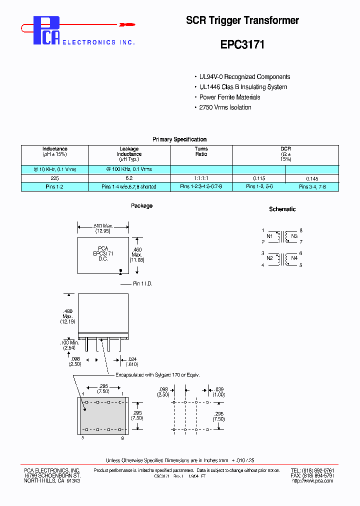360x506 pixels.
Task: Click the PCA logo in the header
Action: click(x=46, y=30)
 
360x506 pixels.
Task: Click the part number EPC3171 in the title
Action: click(x=242, y=44)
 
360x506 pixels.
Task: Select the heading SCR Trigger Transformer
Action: click(x=242, y=20)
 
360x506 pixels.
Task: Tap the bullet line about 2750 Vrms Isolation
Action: click(x=225, y=107)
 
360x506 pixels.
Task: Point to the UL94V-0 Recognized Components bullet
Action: click(x=244, y=77)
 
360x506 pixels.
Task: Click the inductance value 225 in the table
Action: click(x=54, y=178)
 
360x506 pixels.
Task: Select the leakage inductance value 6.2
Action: click(x=129, y=178)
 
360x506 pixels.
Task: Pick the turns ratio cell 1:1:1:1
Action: click(x=201, y=178)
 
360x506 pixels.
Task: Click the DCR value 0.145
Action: click(x=312, y=178)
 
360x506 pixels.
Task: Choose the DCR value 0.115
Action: click(x=259, y=178)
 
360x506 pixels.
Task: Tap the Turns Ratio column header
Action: click(x=201, y=151)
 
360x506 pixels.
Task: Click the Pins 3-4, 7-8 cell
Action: click(x=312, y=187)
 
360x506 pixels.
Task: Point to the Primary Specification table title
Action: click(x=179, y=139)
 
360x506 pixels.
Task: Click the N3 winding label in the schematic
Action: click(x=294, y=236)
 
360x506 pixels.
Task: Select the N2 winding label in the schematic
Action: click(x=269, y=258)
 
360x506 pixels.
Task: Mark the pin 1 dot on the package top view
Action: click(x=120, y=271)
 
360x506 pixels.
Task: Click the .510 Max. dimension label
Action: click(x=103, y=226)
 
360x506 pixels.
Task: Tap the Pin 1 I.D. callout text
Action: click(x=142, y=283)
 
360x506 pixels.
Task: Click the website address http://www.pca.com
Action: click(x=311, y=480)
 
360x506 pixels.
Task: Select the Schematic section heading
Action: click(x=282, y=209)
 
